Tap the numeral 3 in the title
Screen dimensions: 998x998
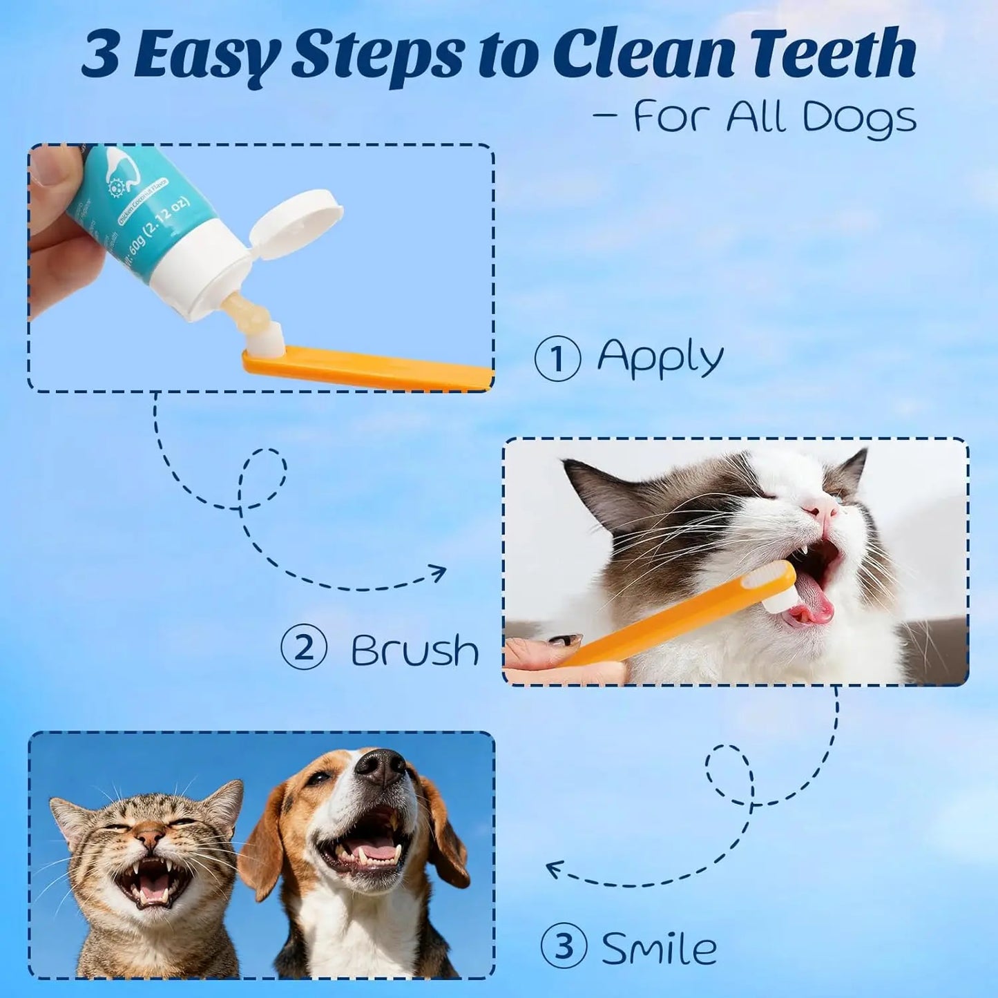[x=101, y=55]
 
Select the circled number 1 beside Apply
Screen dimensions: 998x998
[x=557, y=358]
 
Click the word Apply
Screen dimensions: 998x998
[x=660, y=358]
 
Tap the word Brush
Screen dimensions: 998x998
[x=414, y=651]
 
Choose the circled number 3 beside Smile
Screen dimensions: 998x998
[x=564, y=946]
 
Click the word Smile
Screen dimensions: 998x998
[x=659, y=948]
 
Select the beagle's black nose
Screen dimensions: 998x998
[x=381, y=766]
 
